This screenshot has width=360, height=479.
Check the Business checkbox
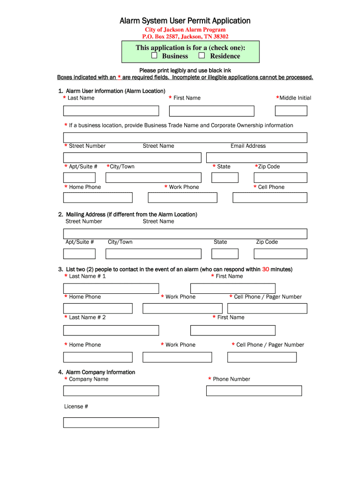click(154, 56)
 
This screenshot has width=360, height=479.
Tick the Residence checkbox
click(202, 56)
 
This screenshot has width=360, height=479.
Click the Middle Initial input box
click(291, 111)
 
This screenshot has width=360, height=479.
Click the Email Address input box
click(256, 158)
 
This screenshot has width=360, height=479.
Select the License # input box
click(111, 422)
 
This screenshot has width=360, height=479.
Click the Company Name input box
click(111, 391)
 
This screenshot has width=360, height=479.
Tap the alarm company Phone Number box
click(254, 391)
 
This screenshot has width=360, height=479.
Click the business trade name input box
click(185, 138)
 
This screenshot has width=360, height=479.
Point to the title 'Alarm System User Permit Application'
click(185, 21)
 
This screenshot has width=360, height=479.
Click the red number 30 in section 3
click(266, 269)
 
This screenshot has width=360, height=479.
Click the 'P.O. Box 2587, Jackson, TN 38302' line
click(185, 36)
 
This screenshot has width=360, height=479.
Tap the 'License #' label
click(76, 406)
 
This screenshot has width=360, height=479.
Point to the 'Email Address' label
click(248, 146)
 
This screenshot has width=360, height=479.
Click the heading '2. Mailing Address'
click(128, 214)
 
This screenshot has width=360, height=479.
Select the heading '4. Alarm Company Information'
click(97, 372)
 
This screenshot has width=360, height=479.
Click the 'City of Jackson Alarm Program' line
click(185, 29)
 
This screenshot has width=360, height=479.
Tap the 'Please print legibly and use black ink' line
click(185, 71)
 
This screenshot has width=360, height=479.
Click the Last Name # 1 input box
click(111, 289)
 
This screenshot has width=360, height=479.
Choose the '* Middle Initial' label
click(294, 98)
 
